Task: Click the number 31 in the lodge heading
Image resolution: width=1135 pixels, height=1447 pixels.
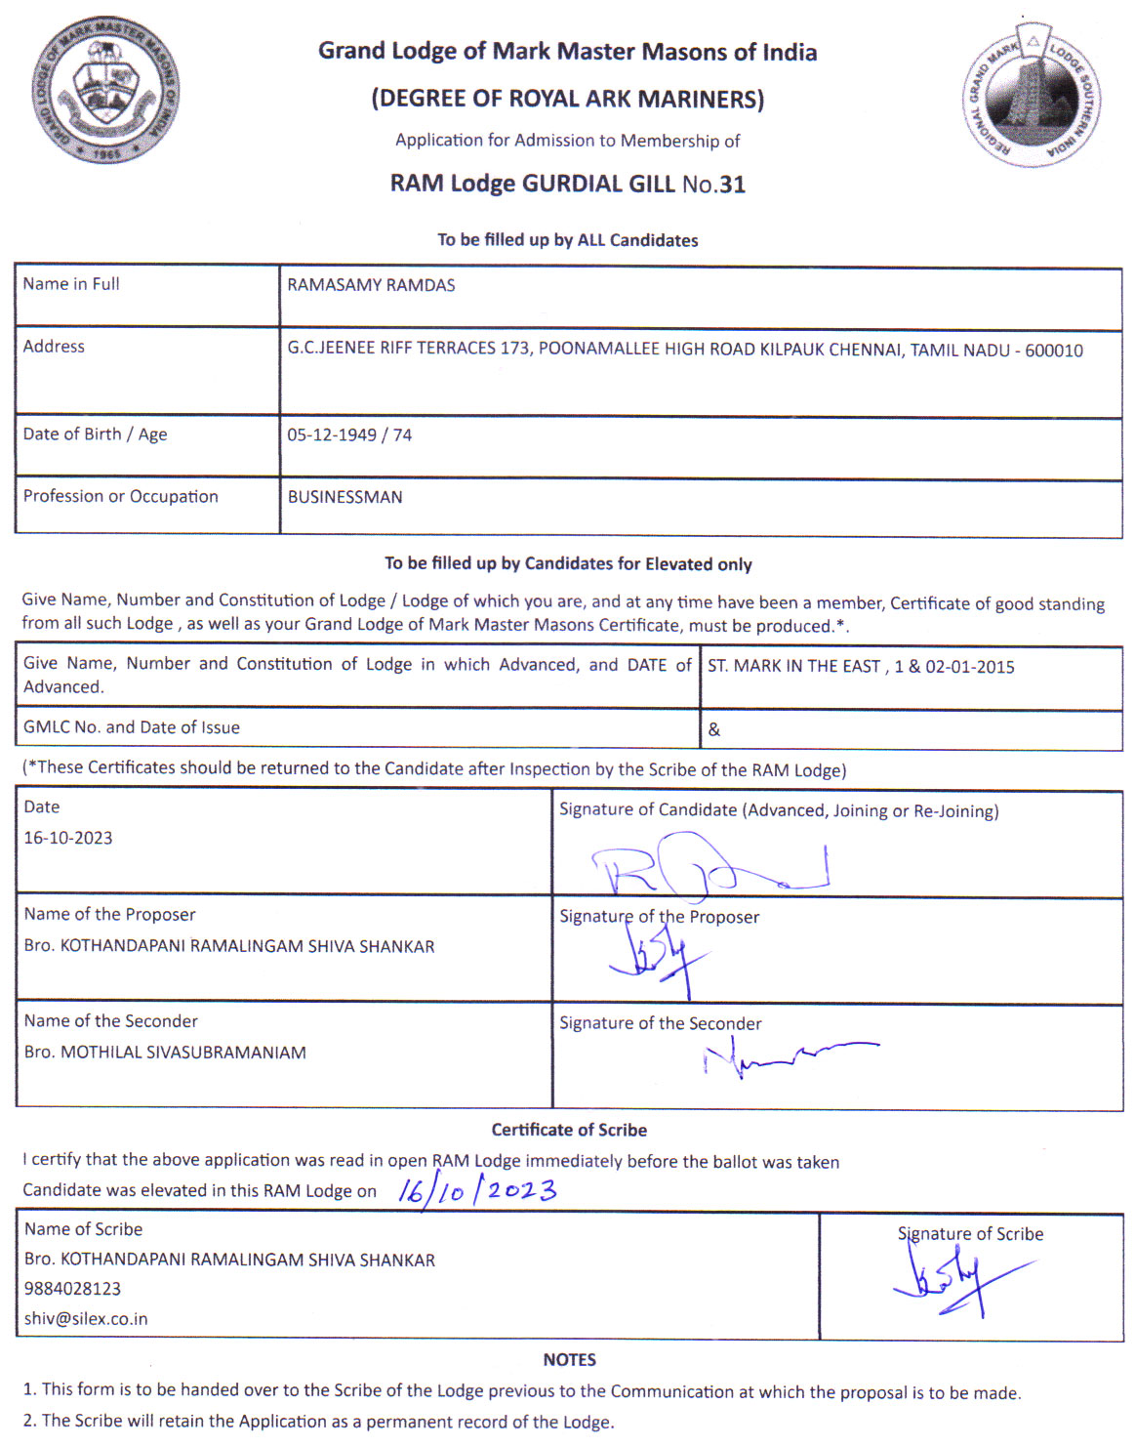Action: (732, 184)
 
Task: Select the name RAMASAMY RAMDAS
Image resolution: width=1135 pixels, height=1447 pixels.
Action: (371, 285)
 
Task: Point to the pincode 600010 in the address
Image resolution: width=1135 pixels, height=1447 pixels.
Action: (1053, 351)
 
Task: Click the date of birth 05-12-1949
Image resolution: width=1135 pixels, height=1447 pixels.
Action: (331, 435)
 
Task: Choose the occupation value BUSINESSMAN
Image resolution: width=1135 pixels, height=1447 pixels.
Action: (345, 497)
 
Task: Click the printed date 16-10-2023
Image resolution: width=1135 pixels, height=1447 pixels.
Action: (68, 838)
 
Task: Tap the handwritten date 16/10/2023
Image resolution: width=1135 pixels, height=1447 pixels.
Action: (477, 1191)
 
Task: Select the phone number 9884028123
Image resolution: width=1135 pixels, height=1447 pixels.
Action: (73, 1289)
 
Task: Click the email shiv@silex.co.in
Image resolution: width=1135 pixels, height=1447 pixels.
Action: (86, 1319)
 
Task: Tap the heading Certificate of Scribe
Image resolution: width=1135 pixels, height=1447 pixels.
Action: (569, 1130)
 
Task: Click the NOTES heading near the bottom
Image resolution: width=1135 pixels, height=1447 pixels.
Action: (569, 1360)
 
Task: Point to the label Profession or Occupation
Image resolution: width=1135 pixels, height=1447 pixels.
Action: (121, 496)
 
